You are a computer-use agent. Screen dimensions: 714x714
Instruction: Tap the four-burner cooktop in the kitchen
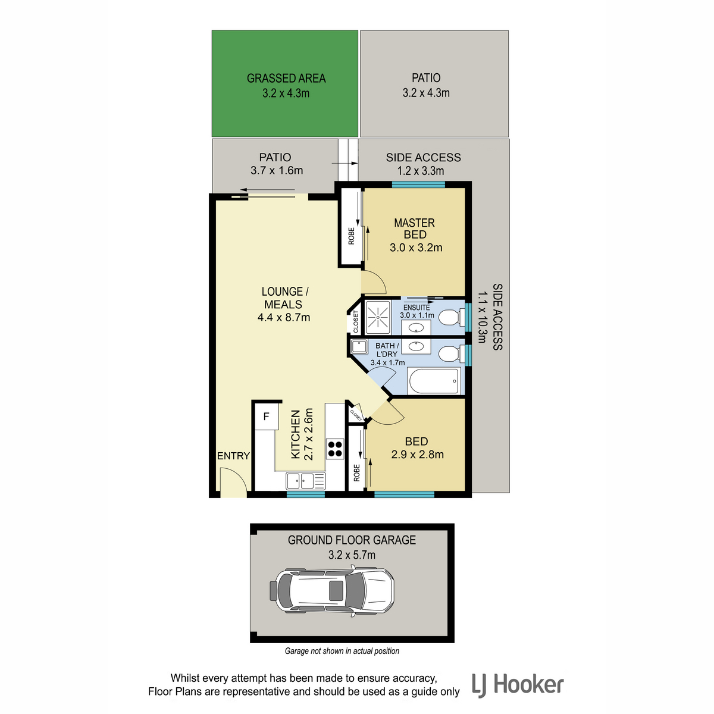pyautogui.click(x=335, y=449)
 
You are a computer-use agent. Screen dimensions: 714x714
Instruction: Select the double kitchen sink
pyautogui.click(x=306, y=481)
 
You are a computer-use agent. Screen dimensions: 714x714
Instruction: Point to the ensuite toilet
pyautogui.click(x=452, y=317)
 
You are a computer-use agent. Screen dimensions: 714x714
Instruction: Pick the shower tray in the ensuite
pyautogui.click(x=378, y=317)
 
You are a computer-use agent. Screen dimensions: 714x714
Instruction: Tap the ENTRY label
pyautogui.click(x=233, y=456)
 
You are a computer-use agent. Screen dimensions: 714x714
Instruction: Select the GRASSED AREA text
pyautogui.click(x=286, y=78)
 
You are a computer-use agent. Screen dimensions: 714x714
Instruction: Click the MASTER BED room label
pyautogui.click(x=415, y=228)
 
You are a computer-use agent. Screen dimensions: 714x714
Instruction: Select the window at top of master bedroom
pyautogui.click(x=418, y=184)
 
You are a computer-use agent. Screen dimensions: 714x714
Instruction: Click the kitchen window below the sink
pyautogui.click(x=306, y=494)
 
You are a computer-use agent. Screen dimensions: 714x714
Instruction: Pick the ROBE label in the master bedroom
pyautogui.click(x=351, y=236)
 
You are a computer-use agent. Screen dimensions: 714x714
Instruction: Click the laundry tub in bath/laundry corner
pyautogui.click(x=359, y=346)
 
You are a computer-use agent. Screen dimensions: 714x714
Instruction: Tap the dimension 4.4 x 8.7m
pyautogui.click(x=284, y=318)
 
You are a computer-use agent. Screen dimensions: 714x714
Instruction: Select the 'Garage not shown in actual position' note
pyautogui.click(x=342, y=651)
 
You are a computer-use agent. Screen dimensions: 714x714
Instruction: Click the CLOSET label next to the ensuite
pyautogui.click(x=356, y=321)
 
